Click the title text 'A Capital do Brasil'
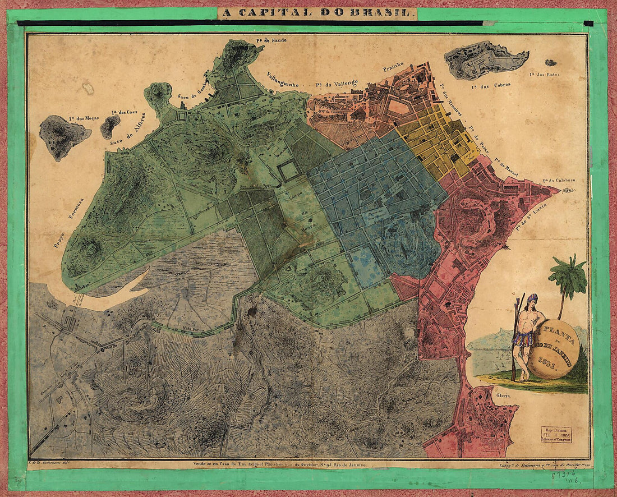[317, 12]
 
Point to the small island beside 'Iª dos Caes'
[109, 126]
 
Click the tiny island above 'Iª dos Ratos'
[551, 63]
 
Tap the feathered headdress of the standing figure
[532, 298]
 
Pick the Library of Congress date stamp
[556, 433]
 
